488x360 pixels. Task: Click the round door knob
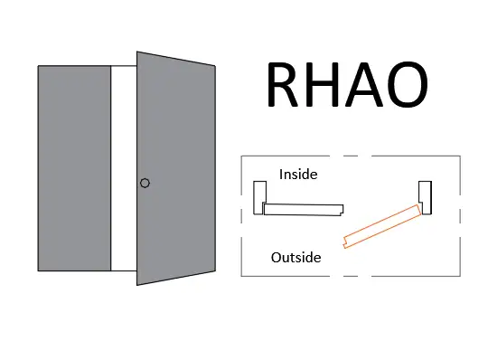pyautogui.click(x=145, y=183)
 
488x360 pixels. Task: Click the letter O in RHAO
pyautogui.click(x=408, y=85)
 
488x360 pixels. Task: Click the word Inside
pyautogui.click(x=298, y=174)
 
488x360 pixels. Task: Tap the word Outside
pyautogui.click(x=296, y=258)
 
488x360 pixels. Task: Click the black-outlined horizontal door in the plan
pyautogui.click(x=304, y=209)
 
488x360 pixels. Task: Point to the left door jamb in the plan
pyautogui.click(x=259, y=196)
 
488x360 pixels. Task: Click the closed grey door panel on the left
pyautogui.click(x=74, y=167)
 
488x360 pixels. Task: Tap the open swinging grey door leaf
pyautogui.click(x=176, y=167)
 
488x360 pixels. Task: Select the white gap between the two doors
pyautogui.click(x=124, y=167)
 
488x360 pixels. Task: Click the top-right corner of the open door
pyautogui.click(x=215, y=66)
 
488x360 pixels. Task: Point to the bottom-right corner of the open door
pyautogui.click(x=215, y=270)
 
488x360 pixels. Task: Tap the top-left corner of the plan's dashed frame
pyautogui.click(x=241, y=157)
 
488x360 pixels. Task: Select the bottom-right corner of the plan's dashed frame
pyautogui.click(x=460, y=275)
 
